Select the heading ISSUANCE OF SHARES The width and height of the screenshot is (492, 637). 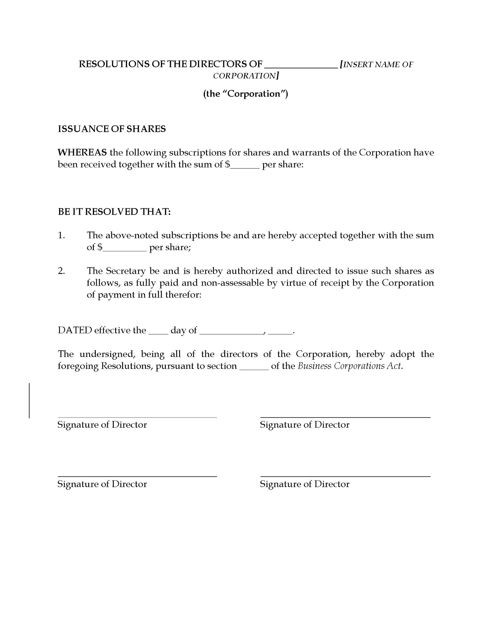point(112,129)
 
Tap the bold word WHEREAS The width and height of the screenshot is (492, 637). point(82,153)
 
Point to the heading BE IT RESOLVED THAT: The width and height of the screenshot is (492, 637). point(114,212)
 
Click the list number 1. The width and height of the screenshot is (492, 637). point(61,236)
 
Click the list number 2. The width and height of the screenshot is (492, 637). point(61,271)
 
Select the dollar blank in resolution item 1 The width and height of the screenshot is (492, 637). point(125,250)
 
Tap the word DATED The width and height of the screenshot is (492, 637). point(75,330)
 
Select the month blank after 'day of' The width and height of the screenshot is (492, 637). point(231,333)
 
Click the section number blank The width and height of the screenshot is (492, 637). point(254,369)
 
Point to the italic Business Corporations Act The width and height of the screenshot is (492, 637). point(350,366)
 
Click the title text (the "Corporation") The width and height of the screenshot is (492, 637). point(246,94)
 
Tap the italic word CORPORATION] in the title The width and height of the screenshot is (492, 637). point(246,76)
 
